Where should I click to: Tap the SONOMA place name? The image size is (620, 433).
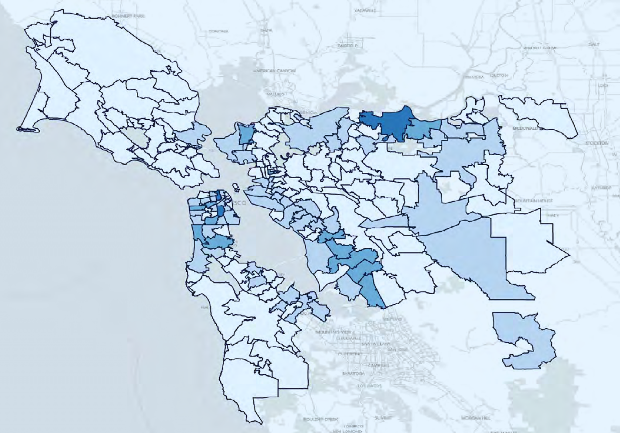(218, 32)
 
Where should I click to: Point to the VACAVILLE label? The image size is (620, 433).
(365, 10)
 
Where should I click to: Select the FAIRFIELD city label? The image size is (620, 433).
(347, 45)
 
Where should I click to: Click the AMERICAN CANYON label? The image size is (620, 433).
(274, 71)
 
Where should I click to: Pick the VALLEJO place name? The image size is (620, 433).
(276, 94)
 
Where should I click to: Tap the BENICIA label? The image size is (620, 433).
(308, 113)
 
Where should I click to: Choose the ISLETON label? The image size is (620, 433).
(499, 75)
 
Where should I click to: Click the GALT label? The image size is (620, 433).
(593, 44)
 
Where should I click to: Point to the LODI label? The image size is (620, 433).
(603, 85)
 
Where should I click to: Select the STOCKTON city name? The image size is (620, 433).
(596, 143)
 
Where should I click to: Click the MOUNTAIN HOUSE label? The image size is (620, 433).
(533, 201)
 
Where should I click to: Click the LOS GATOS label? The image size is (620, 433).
(369, 386)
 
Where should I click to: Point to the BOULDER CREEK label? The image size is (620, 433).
(320, 419)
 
